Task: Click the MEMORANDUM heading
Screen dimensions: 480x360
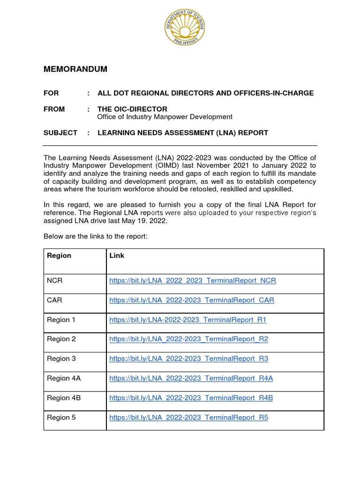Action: (x=75, y=69)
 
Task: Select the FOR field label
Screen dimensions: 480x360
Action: (x=51, y=93)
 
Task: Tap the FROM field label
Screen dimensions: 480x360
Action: (x=54, y=109)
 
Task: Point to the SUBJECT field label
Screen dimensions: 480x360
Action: (x=60, y=133)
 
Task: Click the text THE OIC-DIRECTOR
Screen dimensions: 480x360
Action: (x=132, y=109)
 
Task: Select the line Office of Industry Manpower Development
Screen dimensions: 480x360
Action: (x=165, y=117)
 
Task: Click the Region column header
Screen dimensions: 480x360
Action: (x=60, y=255)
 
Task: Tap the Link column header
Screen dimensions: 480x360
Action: (x=117, y=255)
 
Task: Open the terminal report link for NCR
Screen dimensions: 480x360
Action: (x=192, y=281)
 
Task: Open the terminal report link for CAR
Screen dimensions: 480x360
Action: (x=192, y=300)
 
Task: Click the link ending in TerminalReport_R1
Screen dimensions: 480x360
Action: (x=187, y=320)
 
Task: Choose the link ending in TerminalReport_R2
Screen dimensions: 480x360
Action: (x=188, y=339)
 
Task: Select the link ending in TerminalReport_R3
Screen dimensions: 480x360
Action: (x=188, y=359)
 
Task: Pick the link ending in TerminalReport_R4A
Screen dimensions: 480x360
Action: (x=191, y=378)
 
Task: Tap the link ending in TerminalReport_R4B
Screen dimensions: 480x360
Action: (x=191, y=398)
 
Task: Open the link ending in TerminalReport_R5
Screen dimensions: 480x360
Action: (x=188, y=417)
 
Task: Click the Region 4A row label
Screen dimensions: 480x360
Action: (x=64, y=378)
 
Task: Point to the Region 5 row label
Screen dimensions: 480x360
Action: (x=61, y=417)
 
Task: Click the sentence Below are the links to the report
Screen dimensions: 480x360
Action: (x=96, y=236)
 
